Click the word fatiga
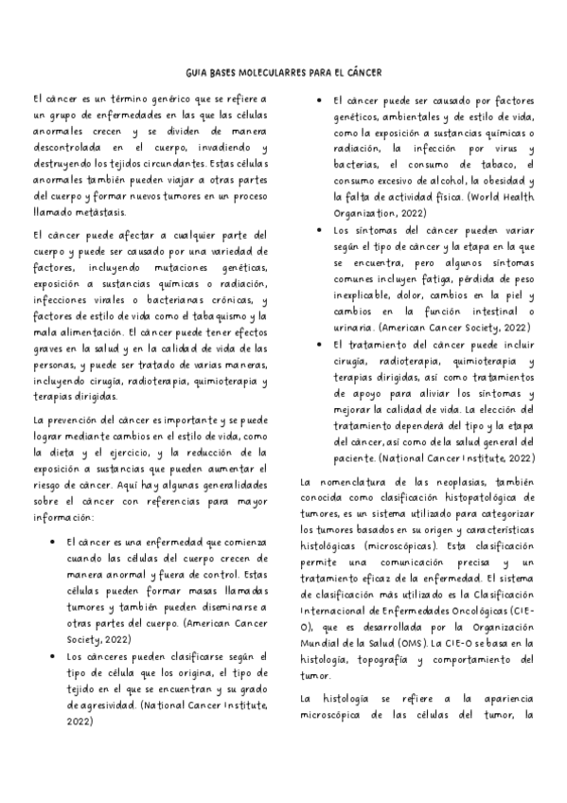437,280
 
